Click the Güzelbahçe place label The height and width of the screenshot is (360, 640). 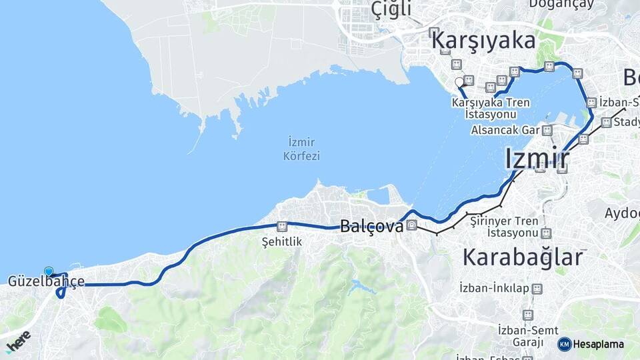(x=46, y=281)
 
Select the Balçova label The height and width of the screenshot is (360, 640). (x=371, y=227)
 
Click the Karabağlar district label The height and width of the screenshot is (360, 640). (x=522, y=257)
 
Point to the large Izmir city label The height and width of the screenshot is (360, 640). (x=537, y=159)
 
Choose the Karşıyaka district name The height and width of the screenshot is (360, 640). (x=483, y=41)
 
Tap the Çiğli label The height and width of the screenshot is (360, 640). (x=391, y=9)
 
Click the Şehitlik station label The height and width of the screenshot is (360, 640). (x=282, y=241)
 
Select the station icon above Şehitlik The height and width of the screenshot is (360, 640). (x=282, y=227)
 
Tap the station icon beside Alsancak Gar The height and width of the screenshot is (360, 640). (x=547, y=130)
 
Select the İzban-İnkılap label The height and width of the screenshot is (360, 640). (x=494, y=288)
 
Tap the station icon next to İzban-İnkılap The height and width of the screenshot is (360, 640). (x=537, y=288)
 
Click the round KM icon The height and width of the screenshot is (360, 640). (x=565, y=344)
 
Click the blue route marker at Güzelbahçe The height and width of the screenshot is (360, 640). (x=49, y=271)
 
